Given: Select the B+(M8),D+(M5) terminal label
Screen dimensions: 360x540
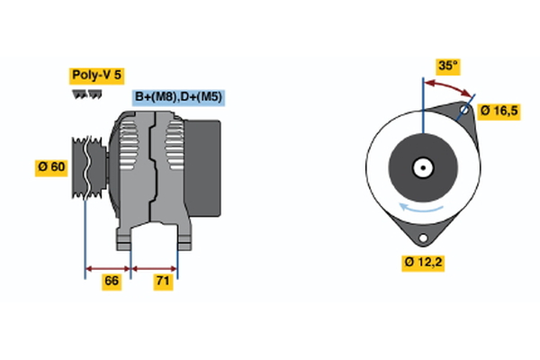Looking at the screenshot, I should [177, 97].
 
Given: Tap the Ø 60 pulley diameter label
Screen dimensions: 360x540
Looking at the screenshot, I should [51, 167].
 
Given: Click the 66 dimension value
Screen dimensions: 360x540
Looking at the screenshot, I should [112, 282].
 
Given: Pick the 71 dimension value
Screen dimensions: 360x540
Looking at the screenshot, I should [163, 282].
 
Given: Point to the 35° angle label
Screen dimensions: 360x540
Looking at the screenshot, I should [447, 66].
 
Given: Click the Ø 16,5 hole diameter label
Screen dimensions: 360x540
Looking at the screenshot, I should [499, 112].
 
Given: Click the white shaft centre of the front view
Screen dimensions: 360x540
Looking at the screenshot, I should [421, 166].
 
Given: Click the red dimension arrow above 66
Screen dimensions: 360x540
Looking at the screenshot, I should [108, 267].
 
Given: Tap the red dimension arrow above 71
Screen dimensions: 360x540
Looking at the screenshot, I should [155, 267].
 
